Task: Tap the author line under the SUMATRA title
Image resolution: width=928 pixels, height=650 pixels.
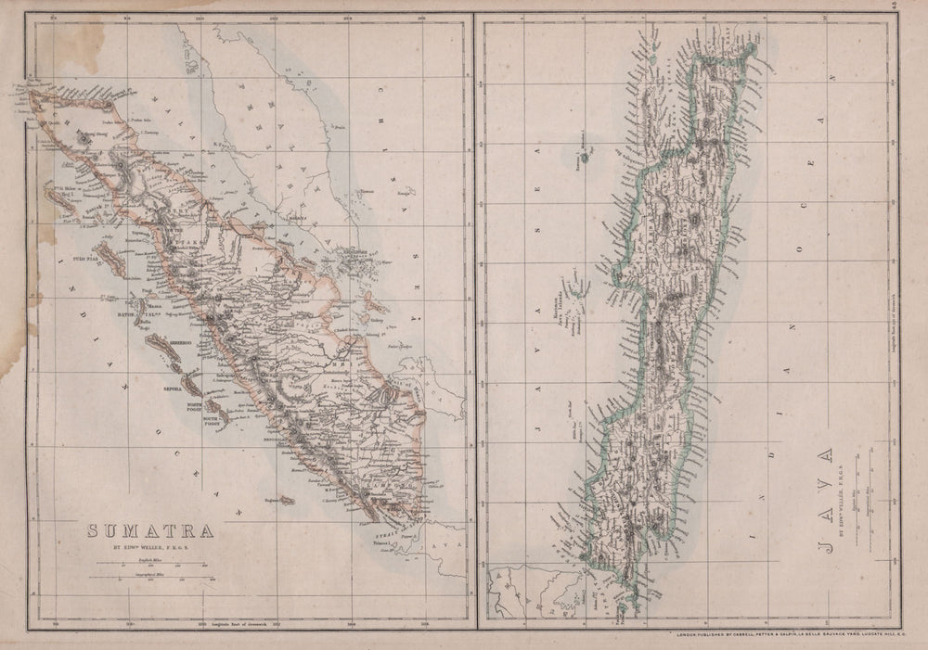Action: tap(150, 548)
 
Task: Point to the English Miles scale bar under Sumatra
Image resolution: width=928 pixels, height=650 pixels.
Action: tap(148, 566)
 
